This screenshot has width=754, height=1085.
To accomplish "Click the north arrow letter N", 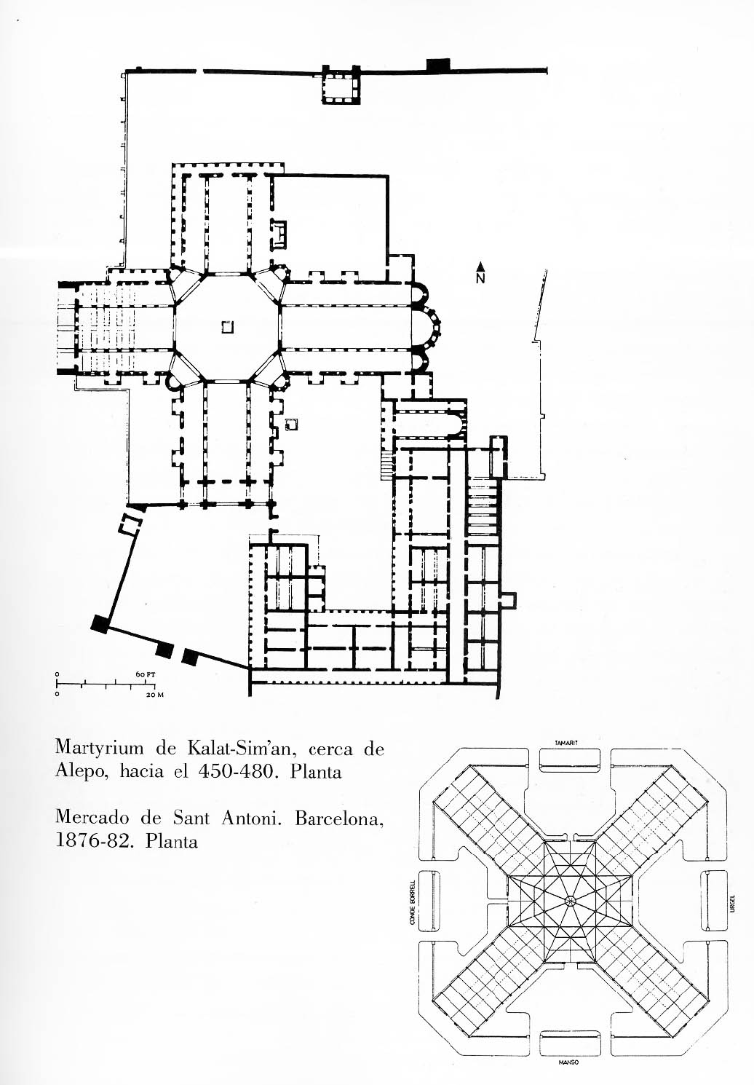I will pos(480,277).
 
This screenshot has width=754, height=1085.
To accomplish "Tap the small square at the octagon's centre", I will pos(228,328).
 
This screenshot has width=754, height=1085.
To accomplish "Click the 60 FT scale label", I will pos(146,674).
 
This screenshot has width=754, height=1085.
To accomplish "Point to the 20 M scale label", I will pos(155,695).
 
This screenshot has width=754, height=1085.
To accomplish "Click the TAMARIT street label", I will pos(565,743).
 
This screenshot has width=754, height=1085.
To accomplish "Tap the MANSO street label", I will pos(568,1063).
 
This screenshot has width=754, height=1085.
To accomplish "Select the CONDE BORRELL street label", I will pos(413,902).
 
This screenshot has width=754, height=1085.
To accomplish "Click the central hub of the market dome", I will pos(570,901).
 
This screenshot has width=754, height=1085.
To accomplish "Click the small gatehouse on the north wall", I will pos(341,86).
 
